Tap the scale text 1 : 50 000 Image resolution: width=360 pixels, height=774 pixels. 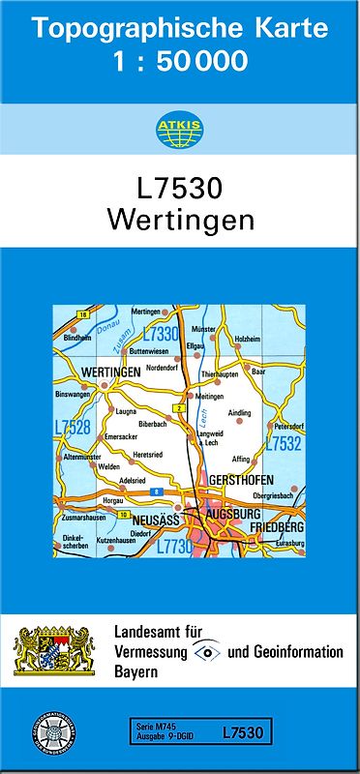click(x=179, y=62)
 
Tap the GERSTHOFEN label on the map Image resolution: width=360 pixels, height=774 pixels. click(x=239, y=481)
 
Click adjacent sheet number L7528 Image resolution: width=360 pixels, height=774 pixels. click(x=73, y=426)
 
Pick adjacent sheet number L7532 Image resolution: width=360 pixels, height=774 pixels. click(x=283, y=444)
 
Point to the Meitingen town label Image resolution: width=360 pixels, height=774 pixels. click(x=209, y=396)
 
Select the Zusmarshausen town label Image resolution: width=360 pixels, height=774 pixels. click(x=82, y=518)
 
